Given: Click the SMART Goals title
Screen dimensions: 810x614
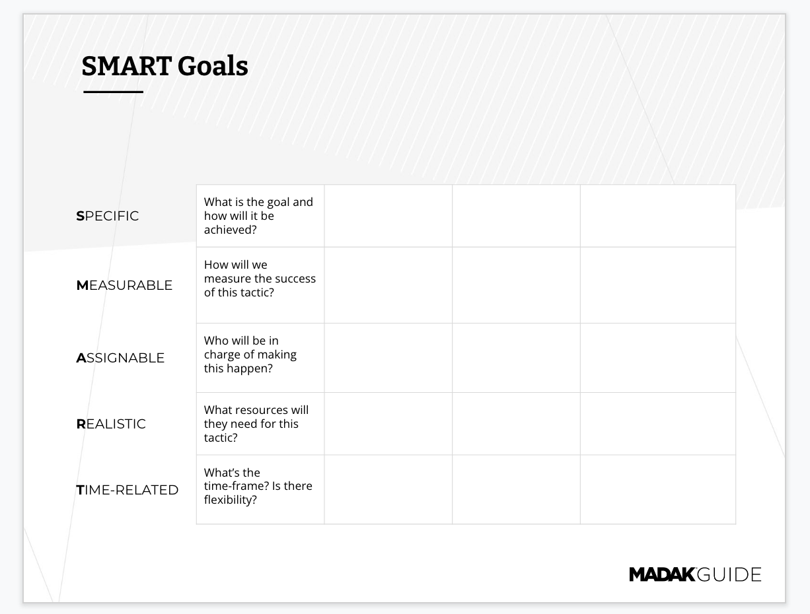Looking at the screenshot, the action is [x=165, y=66].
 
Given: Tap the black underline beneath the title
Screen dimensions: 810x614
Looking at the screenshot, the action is [x=113, y=92].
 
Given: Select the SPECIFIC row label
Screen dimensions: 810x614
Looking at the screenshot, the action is [x=108, y=216].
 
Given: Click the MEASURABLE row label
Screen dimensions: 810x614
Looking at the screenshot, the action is [x=124, y=285].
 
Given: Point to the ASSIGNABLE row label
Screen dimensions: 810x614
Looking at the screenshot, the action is [x=120, y=358].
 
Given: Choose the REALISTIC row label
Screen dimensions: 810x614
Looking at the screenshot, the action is [x=111, y=424].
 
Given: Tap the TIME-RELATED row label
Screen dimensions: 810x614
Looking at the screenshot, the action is [x=128, y=490].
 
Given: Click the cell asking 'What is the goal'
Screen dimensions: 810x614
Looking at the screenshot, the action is [x=260, y=216].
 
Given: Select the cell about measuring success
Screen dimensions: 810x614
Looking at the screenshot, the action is [x=260, y=285].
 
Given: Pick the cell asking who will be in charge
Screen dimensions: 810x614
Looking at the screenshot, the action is [x=260, y=358].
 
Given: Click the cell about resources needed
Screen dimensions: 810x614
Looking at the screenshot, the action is [x=260, y=424].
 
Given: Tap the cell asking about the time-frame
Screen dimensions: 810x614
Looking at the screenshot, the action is [x=260, y=489].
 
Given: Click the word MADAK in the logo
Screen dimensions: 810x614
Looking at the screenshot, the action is [x=662, y=574].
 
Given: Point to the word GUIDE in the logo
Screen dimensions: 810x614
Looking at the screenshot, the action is [x=729, y=574].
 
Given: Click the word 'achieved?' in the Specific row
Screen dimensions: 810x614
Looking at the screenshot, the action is [x=231, y=230].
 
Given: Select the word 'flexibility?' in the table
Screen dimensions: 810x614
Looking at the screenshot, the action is [x=231, y=500].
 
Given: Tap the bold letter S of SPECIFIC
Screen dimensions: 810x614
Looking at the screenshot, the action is [x=80, y=216].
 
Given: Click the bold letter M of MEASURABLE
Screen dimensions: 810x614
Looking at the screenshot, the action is [x=83, y=285].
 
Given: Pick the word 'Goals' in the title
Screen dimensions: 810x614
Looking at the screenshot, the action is [x=213, y=66].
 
